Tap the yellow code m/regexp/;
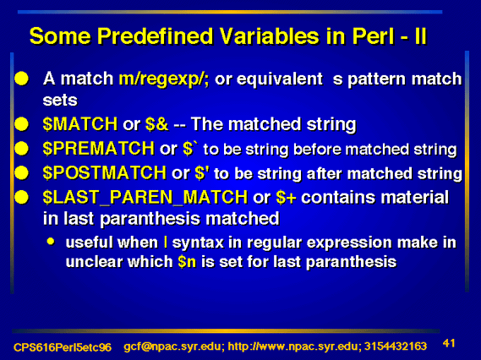164,79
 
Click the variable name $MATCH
80,124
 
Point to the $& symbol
156,124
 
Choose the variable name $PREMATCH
98,149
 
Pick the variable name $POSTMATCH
105,172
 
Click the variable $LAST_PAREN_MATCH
145,197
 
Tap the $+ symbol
286,197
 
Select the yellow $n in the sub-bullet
187,262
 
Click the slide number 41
449,343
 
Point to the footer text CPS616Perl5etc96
63,347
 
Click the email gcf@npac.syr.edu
173,346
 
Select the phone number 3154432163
396,346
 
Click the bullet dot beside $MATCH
21,124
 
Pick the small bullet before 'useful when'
51,242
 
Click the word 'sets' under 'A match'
60,101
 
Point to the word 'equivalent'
280,79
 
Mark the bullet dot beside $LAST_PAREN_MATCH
21,197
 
